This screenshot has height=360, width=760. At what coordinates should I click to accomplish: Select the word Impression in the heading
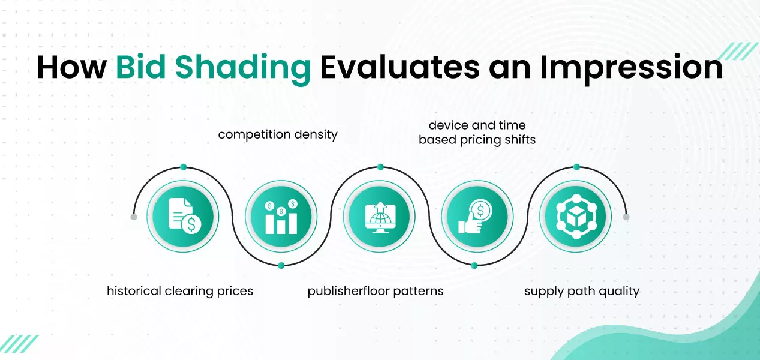(631, 68)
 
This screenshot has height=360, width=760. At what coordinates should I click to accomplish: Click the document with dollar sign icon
(183, 216)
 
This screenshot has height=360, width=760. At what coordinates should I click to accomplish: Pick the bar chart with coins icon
(281, 216)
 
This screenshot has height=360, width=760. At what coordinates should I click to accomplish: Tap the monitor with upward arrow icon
(379, 216)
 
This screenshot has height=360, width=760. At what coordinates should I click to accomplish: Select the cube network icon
(575, 216)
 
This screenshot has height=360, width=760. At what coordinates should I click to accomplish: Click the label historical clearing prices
(180, 291)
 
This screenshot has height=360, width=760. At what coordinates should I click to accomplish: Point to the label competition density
(278, 134)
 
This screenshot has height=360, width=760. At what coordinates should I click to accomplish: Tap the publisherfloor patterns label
(376, 291)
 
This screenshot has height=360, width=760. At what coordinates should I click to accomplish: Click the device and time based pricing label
(477, 133)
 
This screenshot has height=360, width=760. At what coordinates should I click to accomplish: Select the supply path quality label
(582, 291)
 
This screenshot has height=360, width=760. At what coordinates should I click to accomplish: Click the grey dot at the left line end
(134, 217)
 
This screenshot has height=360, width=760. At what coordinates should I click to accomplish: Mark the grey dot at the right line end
(626, 217)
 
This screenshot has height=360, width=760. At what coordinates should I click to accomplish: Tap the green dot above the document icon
(183, 167)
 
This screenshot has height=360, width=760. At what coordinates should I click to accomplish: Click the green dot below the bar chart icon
(281, 265)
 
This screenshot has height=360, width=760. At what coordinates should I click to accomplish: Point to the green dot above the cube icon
(576, 167)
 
